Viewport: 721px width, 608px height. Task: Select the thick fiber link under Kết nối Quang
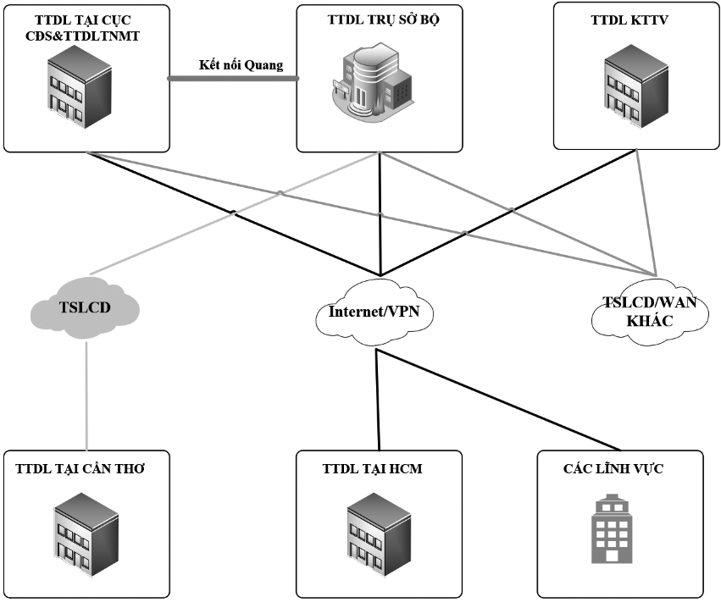pyautogui.click(x=234, y=79)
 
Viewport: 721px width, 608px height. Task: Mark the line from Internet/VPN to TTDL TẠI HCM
pyautogui.click(x=375, y=398)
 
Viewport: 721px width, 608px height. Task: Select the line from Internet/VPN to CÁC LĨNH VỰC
pyautogui.click(x=500, y=398)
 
